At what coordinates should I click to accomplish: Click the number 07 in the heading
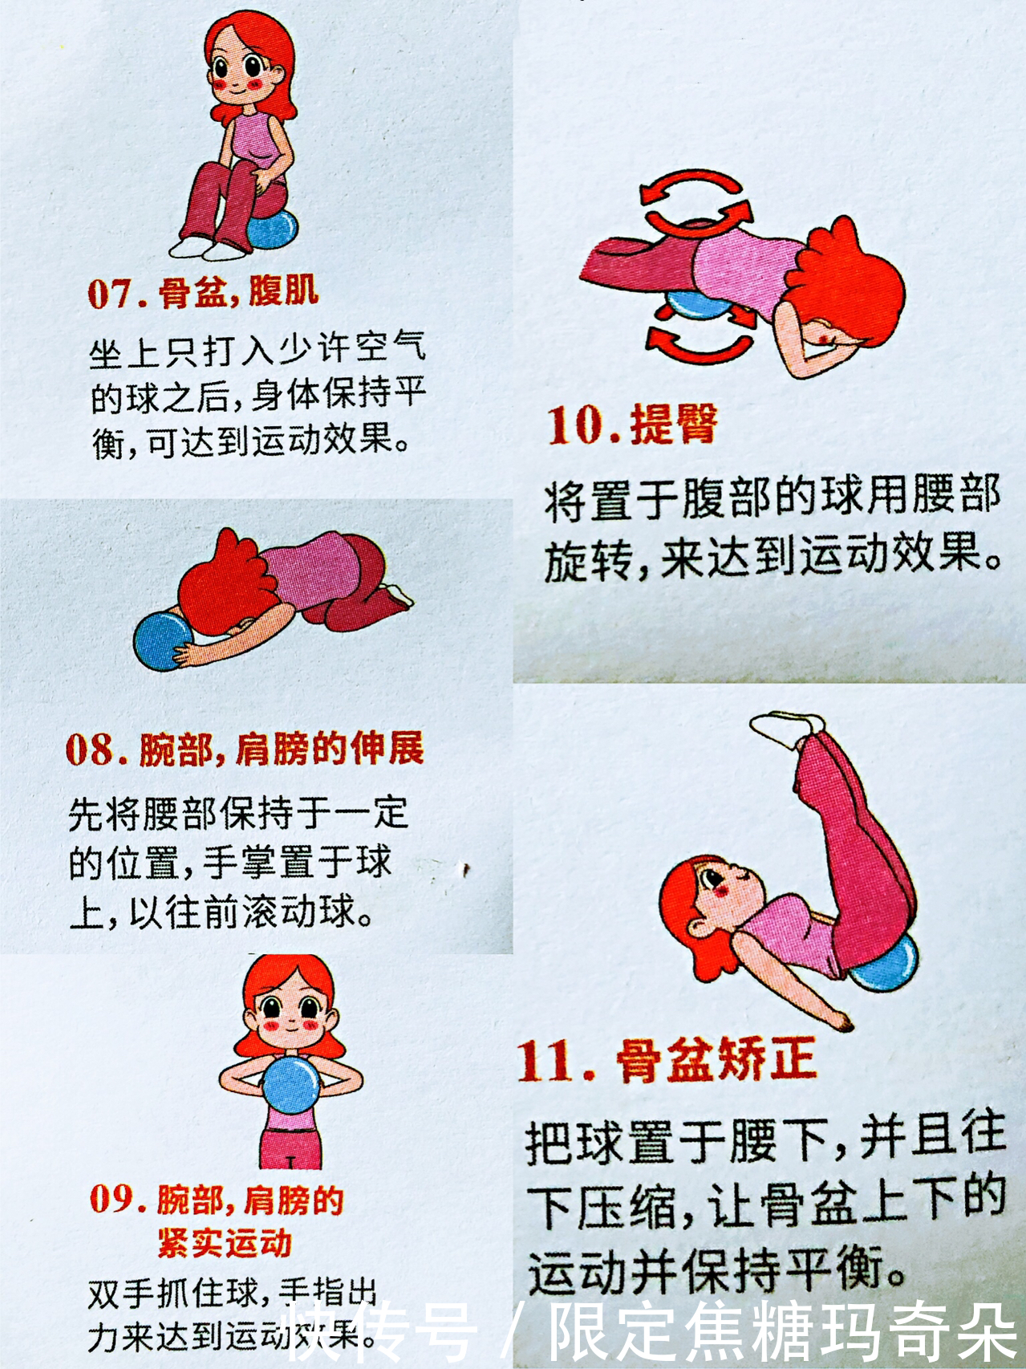[x=111, y=295]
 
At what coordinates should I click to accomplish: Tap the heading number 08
[x=91, y=750]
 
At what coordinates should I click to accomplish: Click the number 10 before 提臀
[x=576, y=426]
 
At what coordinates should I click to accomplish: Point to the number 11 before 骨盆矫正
[x=548, y=1061]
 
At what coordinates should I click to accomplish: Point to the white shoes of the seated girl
[x=207, y=246]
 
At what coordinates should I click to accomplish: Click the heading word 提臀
[x=674, y=425]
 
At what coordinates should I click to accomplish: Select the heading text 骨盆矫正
[x=716, y=1059]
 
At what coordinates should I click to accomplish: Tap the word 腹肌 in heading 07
[x=283, y=290]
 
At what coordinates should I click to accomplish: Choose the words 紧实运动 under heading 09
[x=225, y=1243]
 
